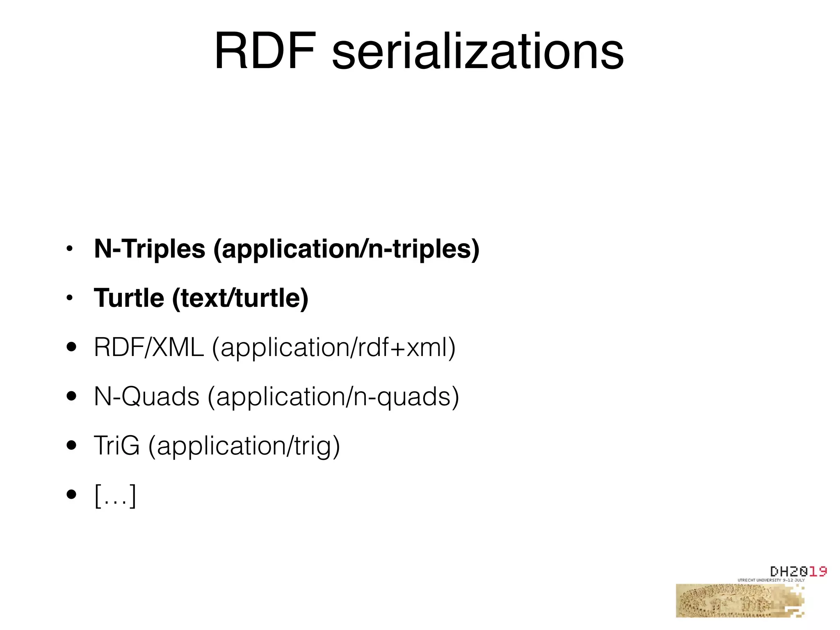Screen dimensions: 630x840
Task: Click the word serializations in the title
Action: point(477,52)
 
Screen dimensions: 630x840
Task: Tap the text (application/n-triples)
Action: point(346,249)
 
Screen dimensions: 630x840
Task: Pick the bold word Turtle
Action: point(129,298)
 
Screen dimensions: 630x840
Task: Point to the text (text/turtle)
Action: point(240,299)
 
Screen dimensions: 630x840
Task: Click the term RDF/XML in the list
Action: point(149,347)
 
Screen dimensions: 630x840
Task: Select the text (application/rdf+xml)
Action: point(334,348)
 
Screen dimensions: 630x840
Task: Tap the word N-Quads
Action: point(146,397)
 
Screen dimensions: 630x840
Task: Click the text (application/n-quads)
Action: point(333,397)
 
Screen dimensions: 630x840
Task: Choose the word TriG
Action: point(117,445)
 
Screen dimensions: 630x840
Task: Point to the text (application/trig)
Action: point(244,446)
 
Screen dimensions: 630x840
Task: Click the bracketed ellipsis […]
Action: point(115,495)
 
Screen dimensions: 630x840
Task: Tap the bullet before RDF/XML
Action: point(71,347)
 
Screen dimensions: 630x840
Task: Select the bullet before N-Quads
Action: point(71,396)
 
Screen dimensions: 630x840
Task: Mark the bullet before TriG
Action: point(71,445)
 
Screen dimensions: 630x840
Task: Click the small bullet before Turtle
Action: point(70,298)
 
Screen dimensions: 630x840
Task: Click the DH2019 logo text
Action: point(798,571)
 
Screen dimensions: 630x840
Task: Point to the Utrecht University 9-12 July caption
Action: point(771,580)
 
